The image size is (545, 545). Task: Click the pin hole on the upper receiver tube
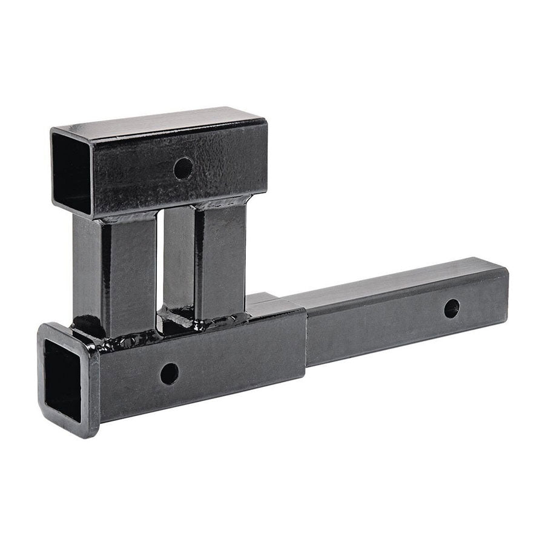183,168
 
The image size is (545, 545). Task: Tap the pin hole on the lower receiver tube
170,374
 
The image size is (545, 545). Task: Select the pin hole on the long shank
451,308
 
